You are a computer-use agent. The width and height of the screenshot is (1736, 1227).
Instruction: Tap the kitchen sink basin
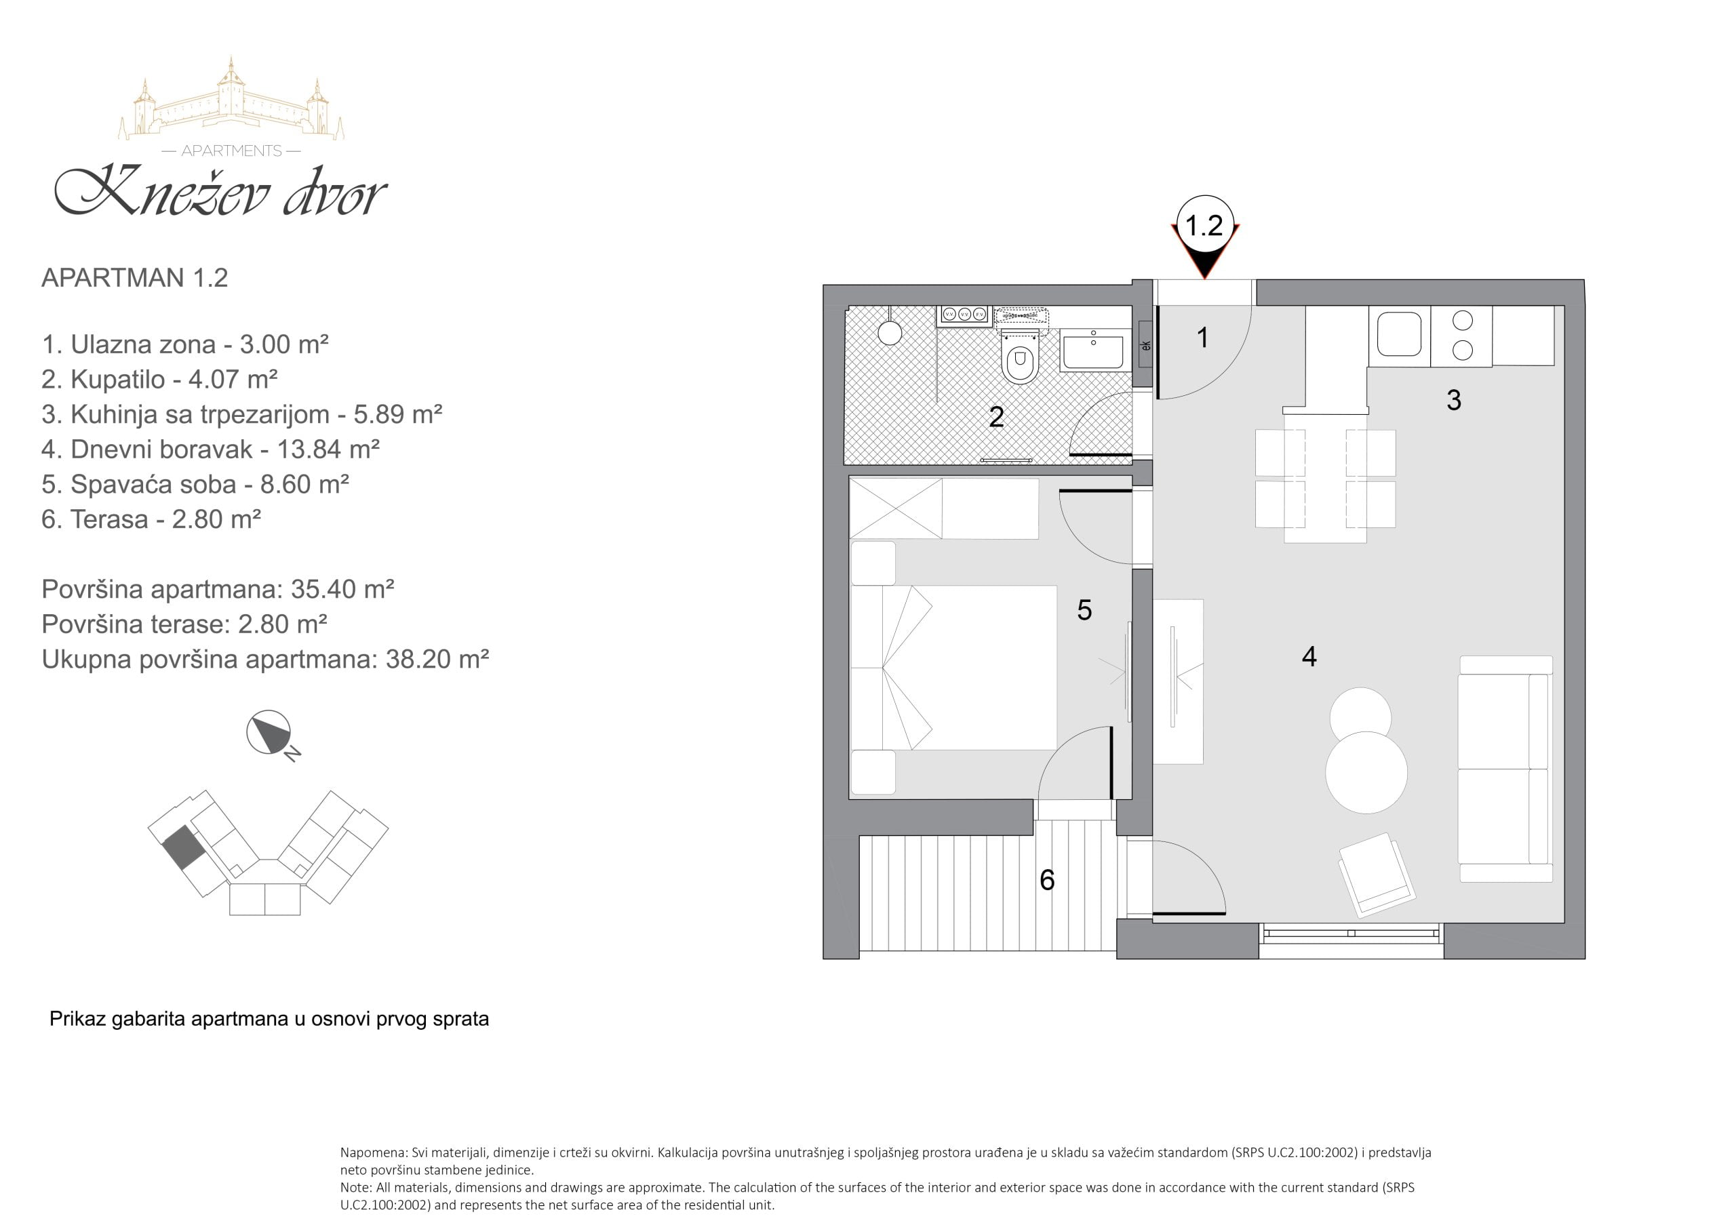(1399, 335)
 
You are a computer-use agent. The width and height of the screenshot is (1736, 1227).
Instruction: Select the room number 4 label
(1309, 656)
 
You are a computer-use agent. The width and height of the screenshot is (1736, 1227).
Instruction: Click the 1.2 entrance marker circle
(1204, 224)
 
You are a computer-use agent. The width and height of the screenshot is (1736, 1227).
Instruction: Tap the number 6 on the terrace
(1047, 879)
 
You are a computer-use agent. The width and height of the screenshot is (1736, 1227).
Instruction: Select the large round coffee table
(1366, 772)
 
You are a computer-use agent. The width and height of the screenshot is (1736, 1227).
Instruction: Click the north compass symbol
(271, 733)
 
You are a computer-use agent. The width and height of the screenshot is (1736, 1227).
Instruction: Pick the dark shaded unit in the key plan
(184, 847)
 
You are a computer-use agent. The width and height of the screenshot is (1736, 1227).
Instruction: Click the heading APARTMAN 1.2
(134, 277)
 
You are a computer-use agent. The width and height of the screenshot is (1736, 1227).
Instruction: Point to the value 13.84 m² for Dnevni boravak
(328, 449)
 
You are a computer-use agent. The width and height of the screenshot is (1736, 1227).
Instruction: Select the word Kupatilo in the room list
(117, 379)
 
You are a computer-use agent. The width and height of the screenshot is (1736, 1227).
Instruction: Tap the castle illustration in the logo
(231, 98)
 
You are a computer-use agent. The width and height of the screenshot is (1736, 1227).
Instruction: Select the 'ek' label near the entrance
(1146, 346)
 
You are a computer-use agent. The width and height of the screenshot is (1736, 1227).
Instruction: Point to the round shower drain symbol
(890, 333)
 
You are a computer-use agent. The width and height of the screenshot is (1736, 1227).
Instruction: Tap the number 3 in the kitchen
(1453, 400)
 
